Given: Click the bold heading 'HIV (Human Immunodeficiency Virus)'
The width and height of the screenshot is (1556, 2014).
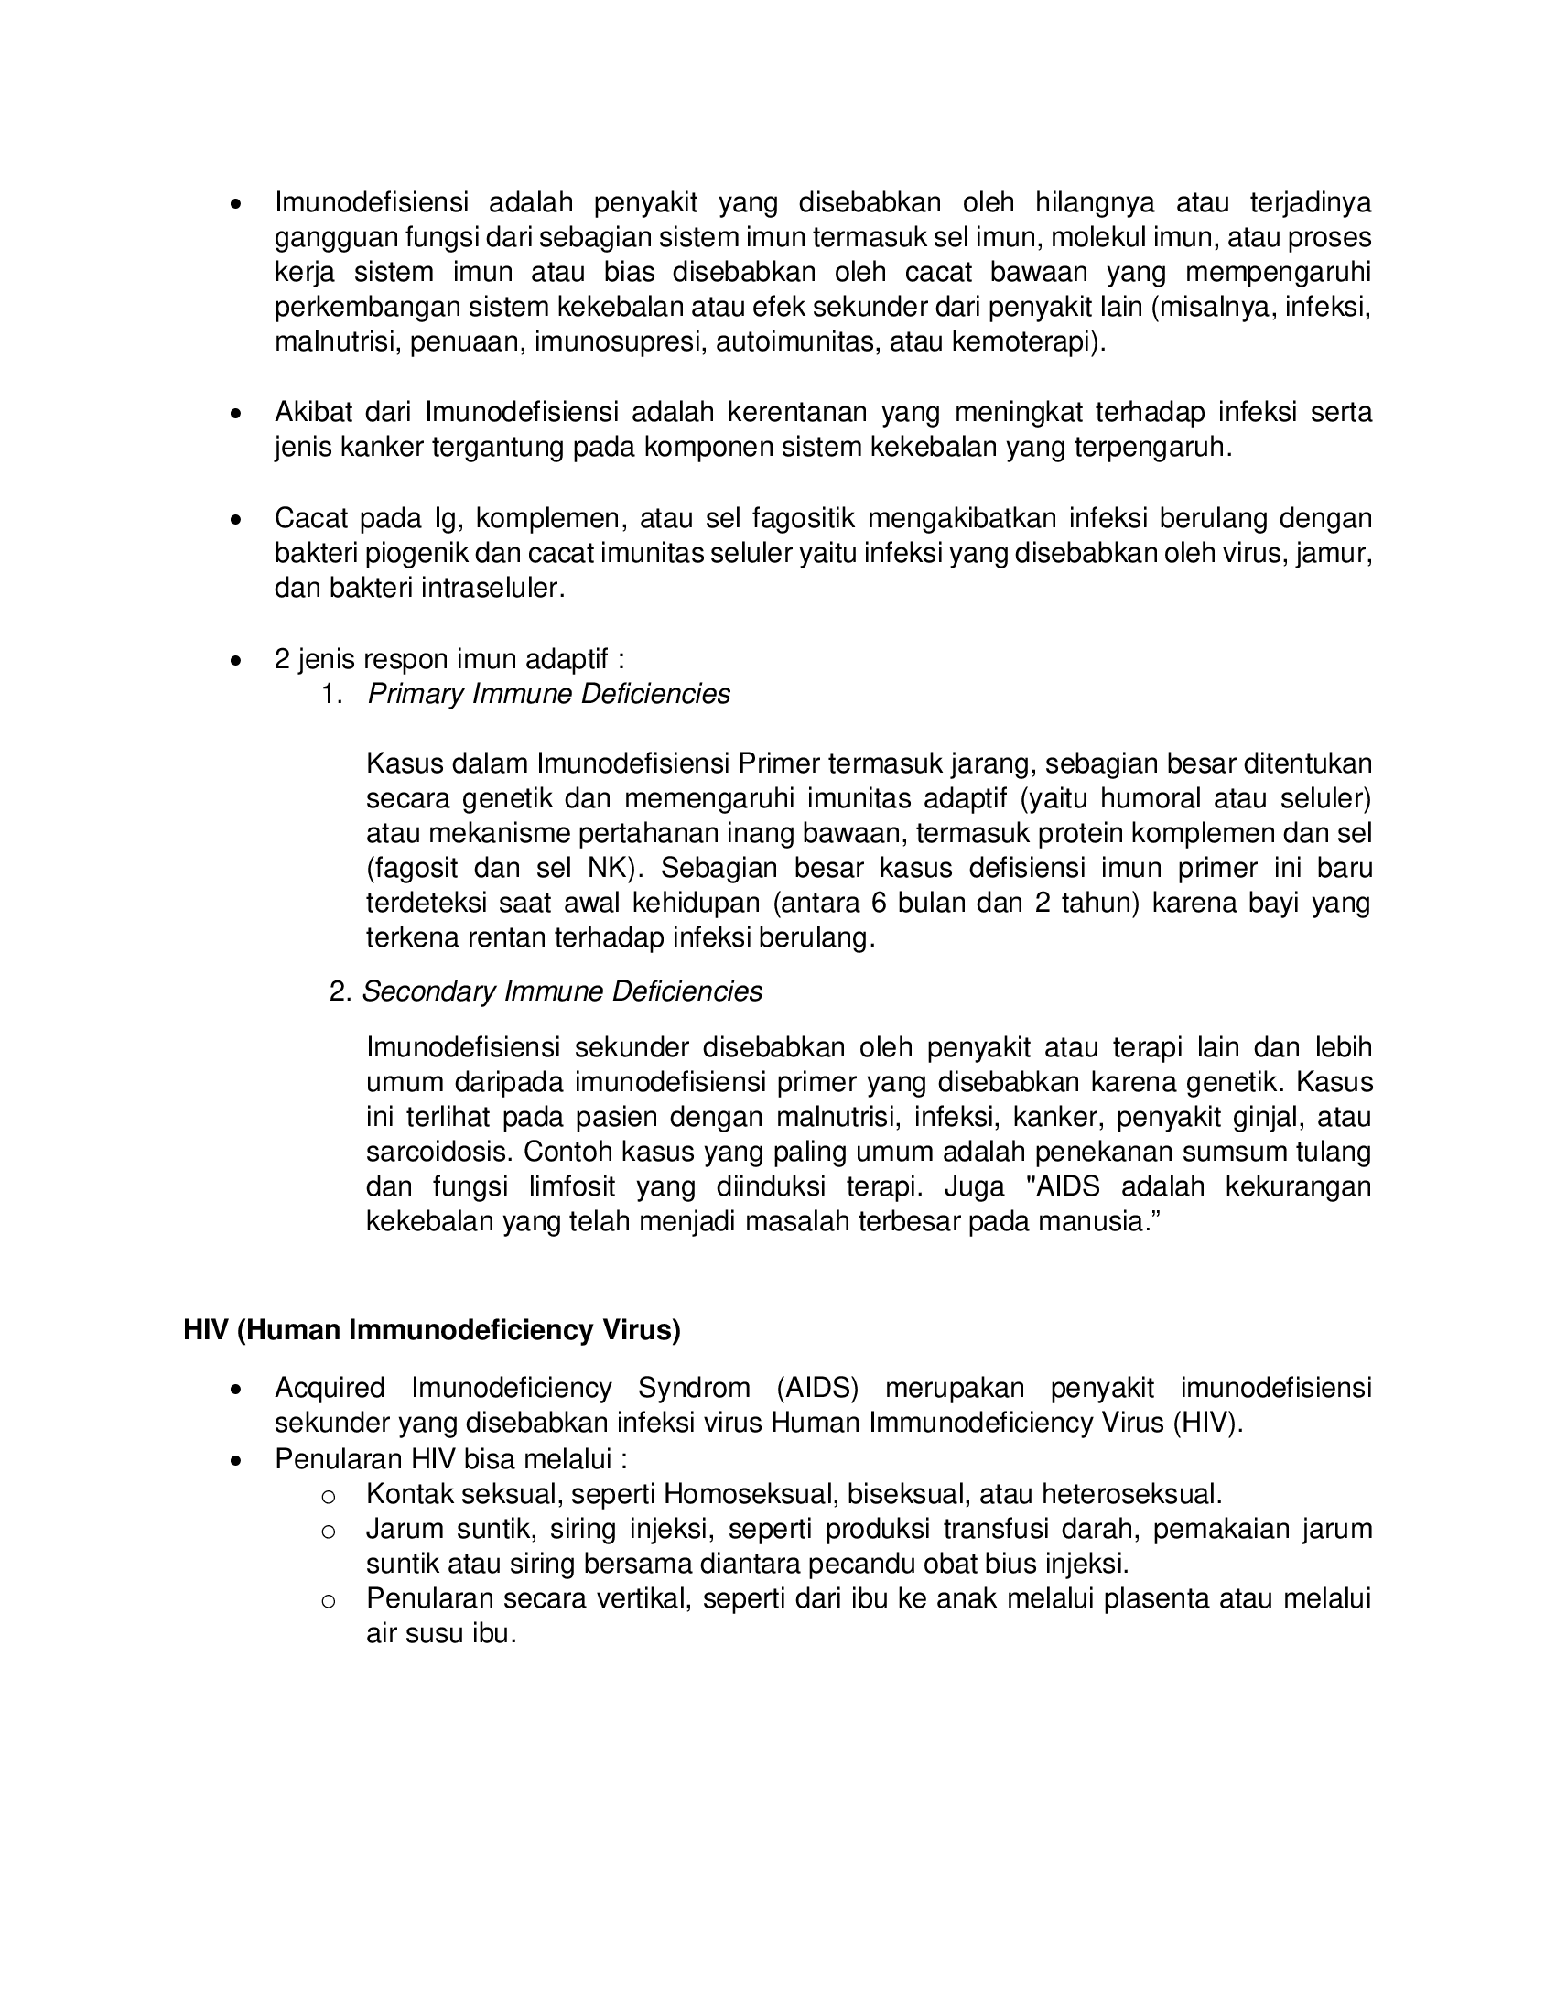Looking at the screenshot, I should (431, 1330).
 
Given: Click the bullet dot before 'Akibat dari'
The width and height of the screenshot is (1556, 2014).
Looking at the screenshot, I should (237, 415).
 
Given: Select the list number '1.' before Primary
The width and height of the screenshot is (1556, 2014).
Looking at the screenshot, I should (333, 694).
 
